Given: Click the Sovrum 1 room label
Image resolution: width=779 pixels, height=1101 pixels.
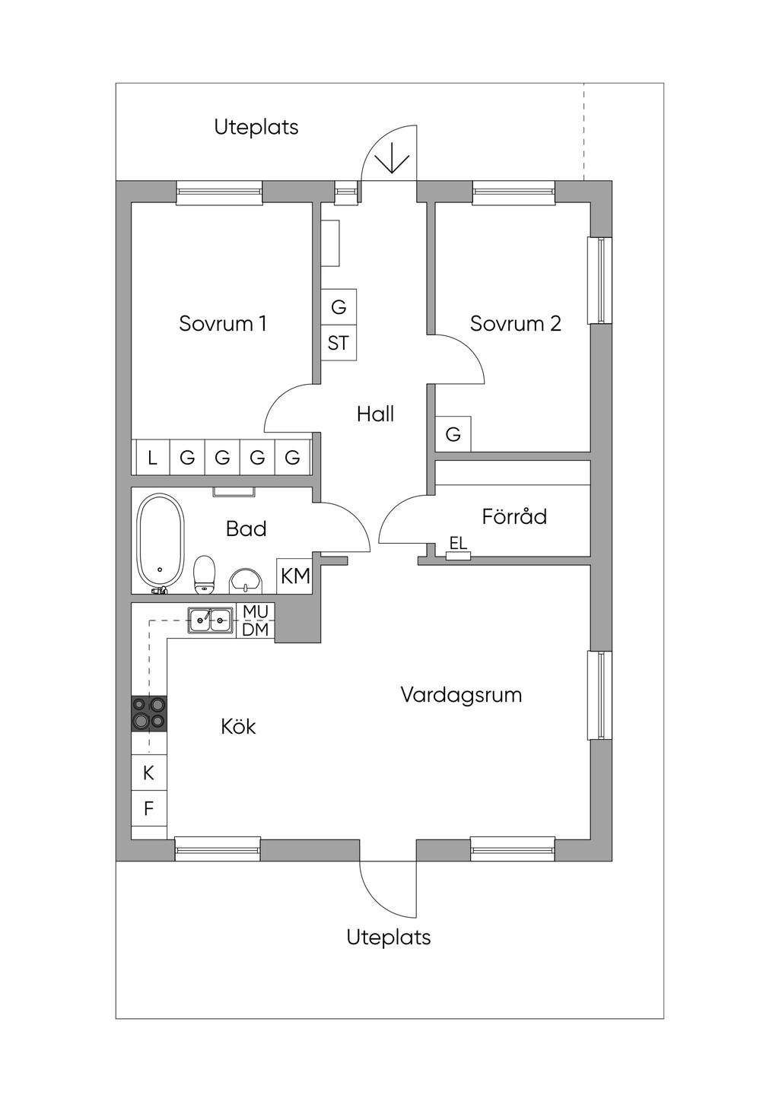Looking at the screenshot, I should pos(222,324).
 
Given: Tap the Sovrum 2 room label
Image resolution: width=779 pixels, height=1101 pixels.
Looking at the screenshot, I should pos(515,324).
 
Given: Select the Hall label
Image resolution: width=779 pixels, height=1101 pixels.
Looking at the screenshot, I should pos(375,414).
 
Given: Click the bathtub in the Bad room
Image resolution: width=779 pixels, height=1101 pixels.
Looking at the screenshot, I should pos(160,541).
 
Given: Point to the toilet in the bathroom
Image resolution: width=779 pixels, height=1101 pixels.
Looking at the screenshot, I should pos(204,574).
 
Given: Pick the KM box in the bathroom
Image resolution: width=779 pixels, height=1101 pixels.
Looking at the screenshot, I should pos(295,576).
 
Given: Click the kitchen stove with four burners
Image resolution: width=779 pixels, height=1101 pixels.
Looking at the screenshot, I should pos(149,713).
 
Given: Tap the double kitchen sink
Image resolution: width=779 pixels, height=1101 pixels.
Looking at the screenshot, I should pos(211,620).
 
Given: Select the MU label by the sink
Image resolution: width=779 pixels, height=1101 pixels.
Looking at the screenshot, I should pos(256,612).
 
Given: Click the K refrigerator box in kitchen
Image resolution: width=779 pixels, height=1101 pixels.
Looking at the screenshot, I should pos(149,773).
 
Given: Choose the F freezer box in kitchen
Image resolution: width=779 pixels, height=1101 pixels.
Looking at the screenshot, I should pos(149,809).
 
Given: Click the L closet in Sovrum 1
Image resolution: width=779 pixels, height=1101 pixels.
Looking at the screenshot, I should pos(152,458).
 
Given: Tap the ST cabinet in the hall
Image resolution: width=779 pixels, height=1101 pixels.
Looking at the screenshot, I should pos(339,344).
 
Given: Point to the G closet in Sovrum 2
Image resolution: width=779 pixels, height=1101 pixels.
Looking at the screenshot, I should pos(453,434).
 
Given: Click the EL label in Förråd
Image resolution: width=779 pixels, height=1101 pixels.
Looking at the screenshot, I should pos(458,544).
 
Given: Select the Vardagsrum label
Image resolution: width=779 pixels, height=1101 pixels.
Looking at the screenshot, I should pos(461,695).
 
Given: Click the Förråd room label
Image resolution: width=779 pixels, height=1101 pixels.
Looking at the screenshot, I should pos(514,517).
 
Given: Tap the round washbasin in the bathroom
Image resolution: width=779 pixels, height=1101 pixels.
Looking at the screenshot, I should pos(245,582).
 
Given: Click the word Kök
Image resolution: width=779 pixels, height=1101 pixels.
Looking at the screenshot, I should pos(238,727).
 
